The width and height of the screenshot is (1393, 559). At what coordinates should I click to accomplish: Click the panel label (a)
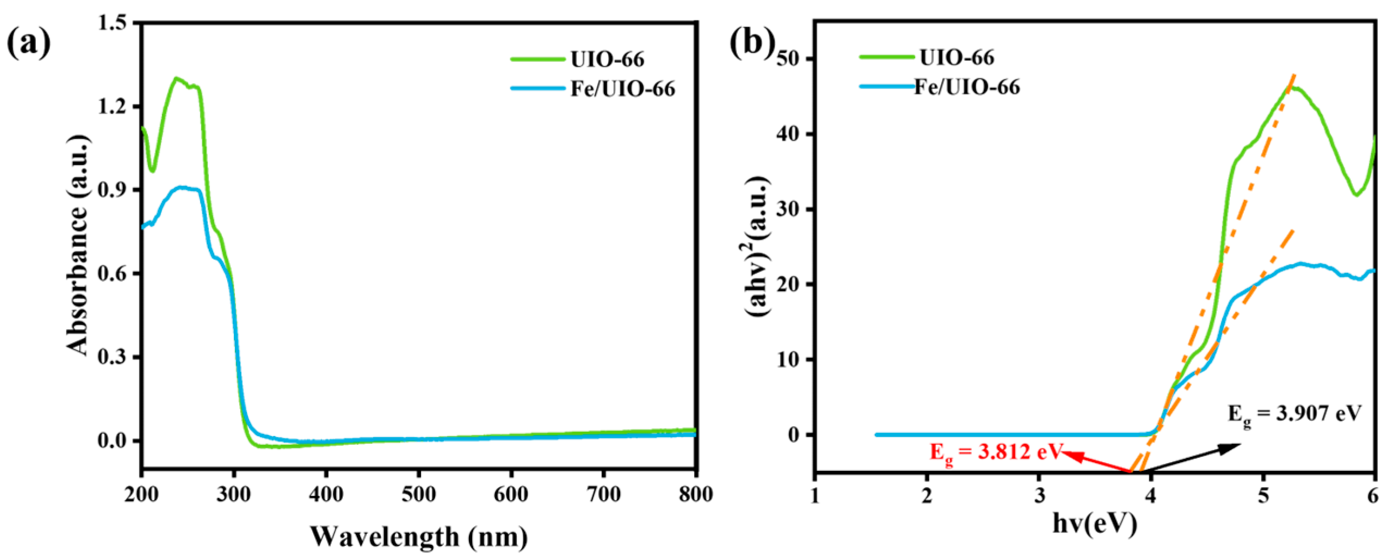[28, 44]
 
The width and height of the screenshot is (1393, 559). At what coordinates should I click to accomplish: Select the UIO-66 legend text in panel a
[607, 59]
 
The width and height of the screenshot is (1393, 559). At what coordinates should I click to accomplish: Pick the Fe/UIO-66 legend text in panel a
[622, 89]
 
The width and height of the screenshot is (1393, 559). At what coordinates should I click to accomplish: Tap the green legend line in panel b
[887, 57]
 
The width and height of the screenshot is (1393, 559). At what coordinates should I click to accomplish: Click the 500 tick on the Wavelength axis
[418, 494]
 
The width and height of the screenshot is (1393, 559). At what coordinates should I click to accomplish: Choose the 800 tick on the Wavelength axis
[696, 494]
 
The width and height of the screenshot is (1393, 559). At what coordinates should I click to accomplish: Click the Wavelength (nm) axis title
[418, 537]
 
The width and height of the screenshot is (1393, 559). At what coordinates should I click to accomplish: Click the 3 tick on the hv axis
[1039, 496]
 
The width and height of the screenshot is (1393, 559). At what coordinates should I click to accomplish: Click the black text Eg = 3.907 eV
[1294, 414]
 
